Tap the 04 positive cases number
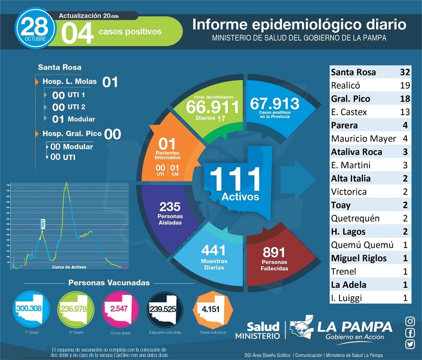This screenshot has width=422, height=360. pos(76,32)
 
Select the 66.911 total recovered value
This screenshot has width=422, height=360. pos(212,106)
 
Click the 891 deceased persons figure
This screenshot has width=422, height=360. pos(274,253)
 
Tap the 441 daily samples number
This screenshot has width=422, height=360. pos(213,251)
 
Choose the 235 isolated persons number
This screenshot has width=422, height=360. pos(170,207)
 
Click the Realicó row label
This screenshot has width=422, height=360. pos(346,85)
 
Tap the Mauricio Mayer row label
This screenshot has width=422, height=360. pos(363,139)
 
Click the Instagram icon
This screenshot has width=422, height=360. pos(410,322)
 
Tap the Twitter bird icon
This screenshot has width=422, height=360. pos(410,345)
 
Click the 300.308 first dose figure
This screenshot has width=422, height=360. pos(30,308)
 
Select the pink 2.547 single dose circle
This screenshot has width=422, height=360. pos(121,309)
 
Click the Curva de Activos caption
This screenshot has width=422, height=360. pos(69,267)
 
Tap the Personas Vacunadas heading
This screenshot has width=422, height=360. pos(109,283)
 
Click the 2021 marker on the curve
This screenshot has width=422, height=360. pos(43,224)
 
